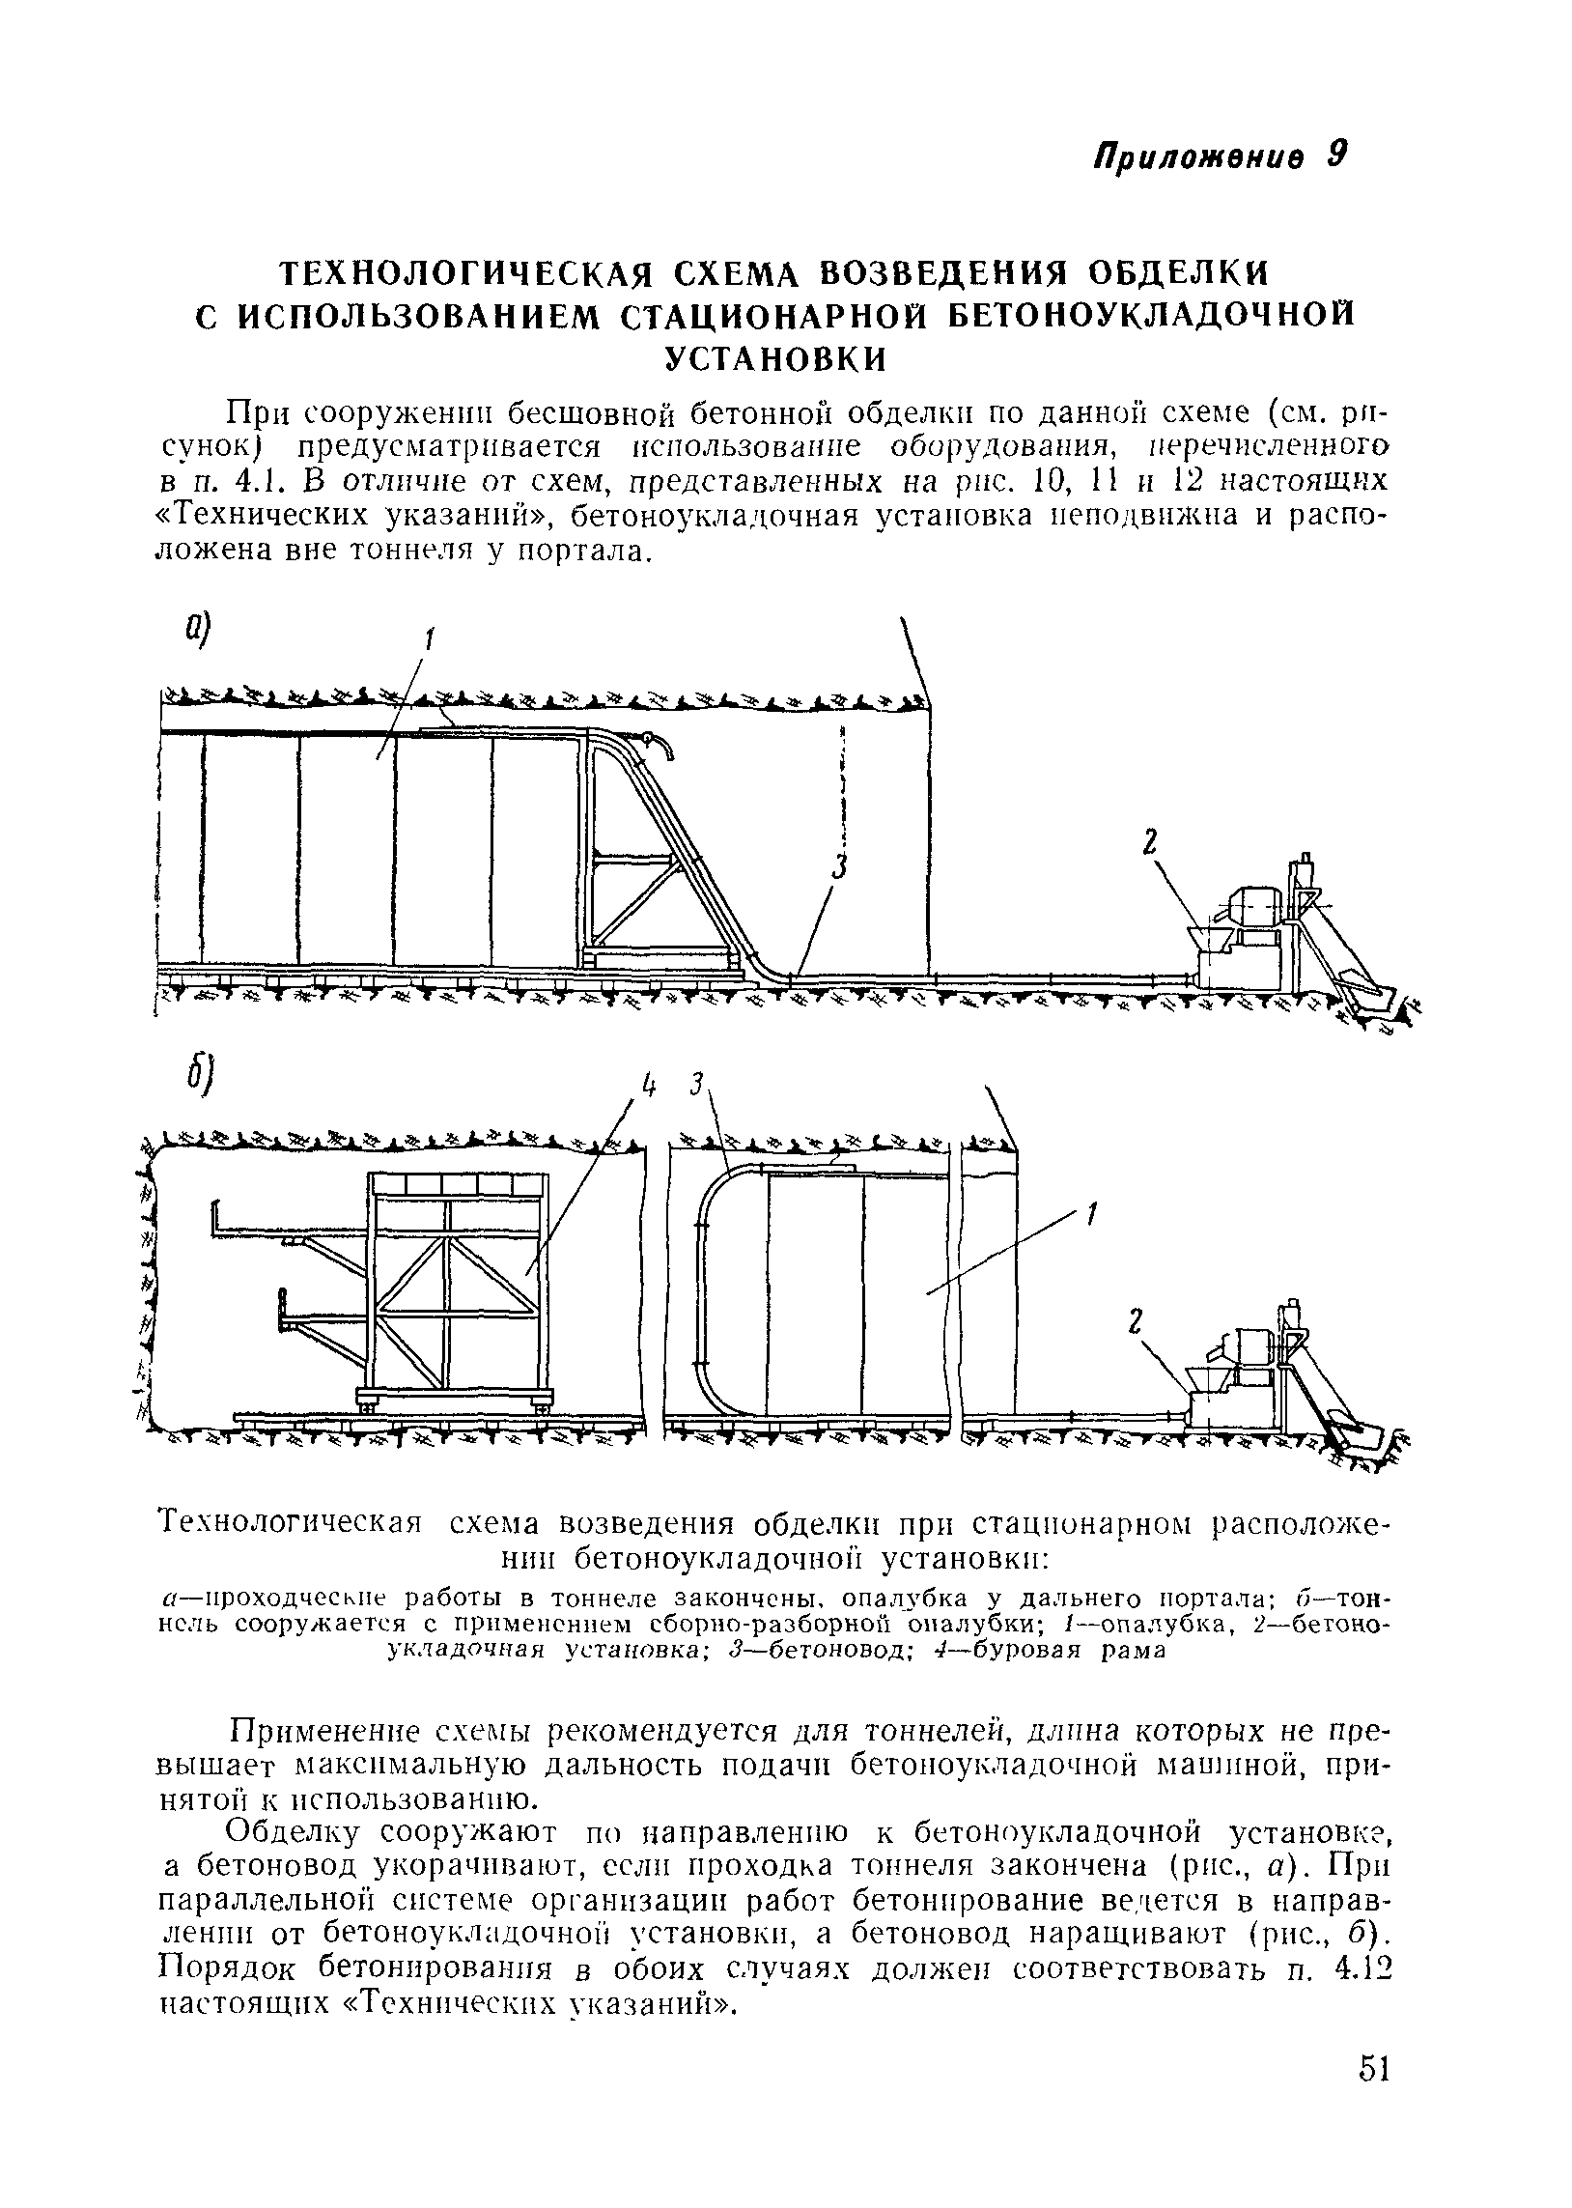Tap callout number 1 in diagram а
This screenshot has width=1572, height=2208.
coord(430,638)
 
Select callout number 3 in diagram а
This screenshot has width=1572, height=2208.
coord(839,868)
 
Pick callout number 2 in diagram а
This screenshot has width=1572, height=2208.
coord(1149,842)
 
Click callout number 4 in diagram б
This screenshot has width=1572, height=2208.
coord(649,1087)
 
